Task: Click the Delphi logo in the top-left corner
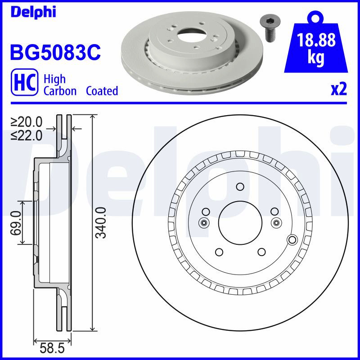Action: [33, 12]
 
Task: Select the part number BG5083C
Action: [55, 52]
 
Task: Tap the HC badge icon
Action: [25, 82]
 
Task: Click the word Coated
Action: [102, 91]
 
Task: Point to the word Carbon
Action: [60, 91]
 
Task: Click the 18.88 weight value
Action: [316, 40]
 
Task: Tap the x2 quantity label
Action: [339, 90]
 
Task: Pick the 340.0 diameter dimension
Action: [101, 223]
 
